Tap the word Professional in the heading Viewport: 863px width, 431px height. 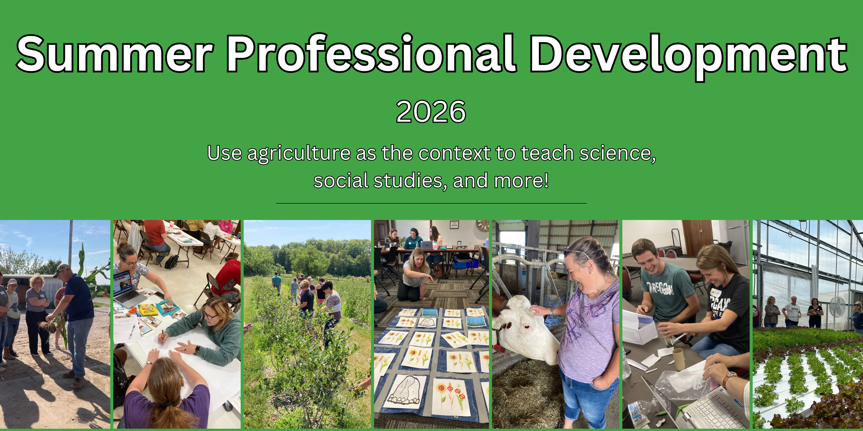coord(372,54)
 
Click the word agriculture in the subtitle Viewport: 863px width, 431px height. coord(299,154)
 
